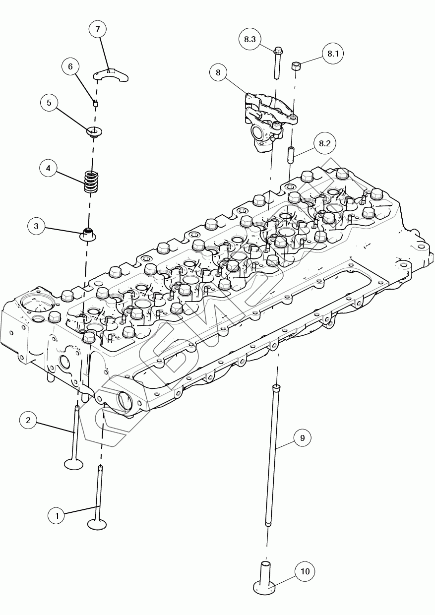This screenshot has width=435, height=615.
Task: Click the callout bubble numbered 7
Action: (x=98, y=30)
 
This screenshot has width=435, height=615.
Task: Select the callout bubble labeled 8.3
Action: (x=250, y=40)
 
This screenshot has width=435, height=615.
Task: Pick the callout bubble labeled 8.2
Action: (x=324, y=144)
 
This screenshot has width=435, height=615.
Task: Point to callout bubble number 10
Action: (x=305, y=572)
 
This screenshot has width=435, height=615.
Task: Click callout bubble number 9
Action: (x=302, y=438)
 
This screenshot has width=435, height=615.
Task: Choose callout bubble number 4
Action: (x=48, y=168)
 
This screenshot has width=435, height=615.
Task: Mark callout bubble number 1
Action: (x=57, y=516)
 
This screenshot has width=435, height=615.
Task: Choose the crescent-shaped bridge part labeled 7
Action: (x=112, y=75)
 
